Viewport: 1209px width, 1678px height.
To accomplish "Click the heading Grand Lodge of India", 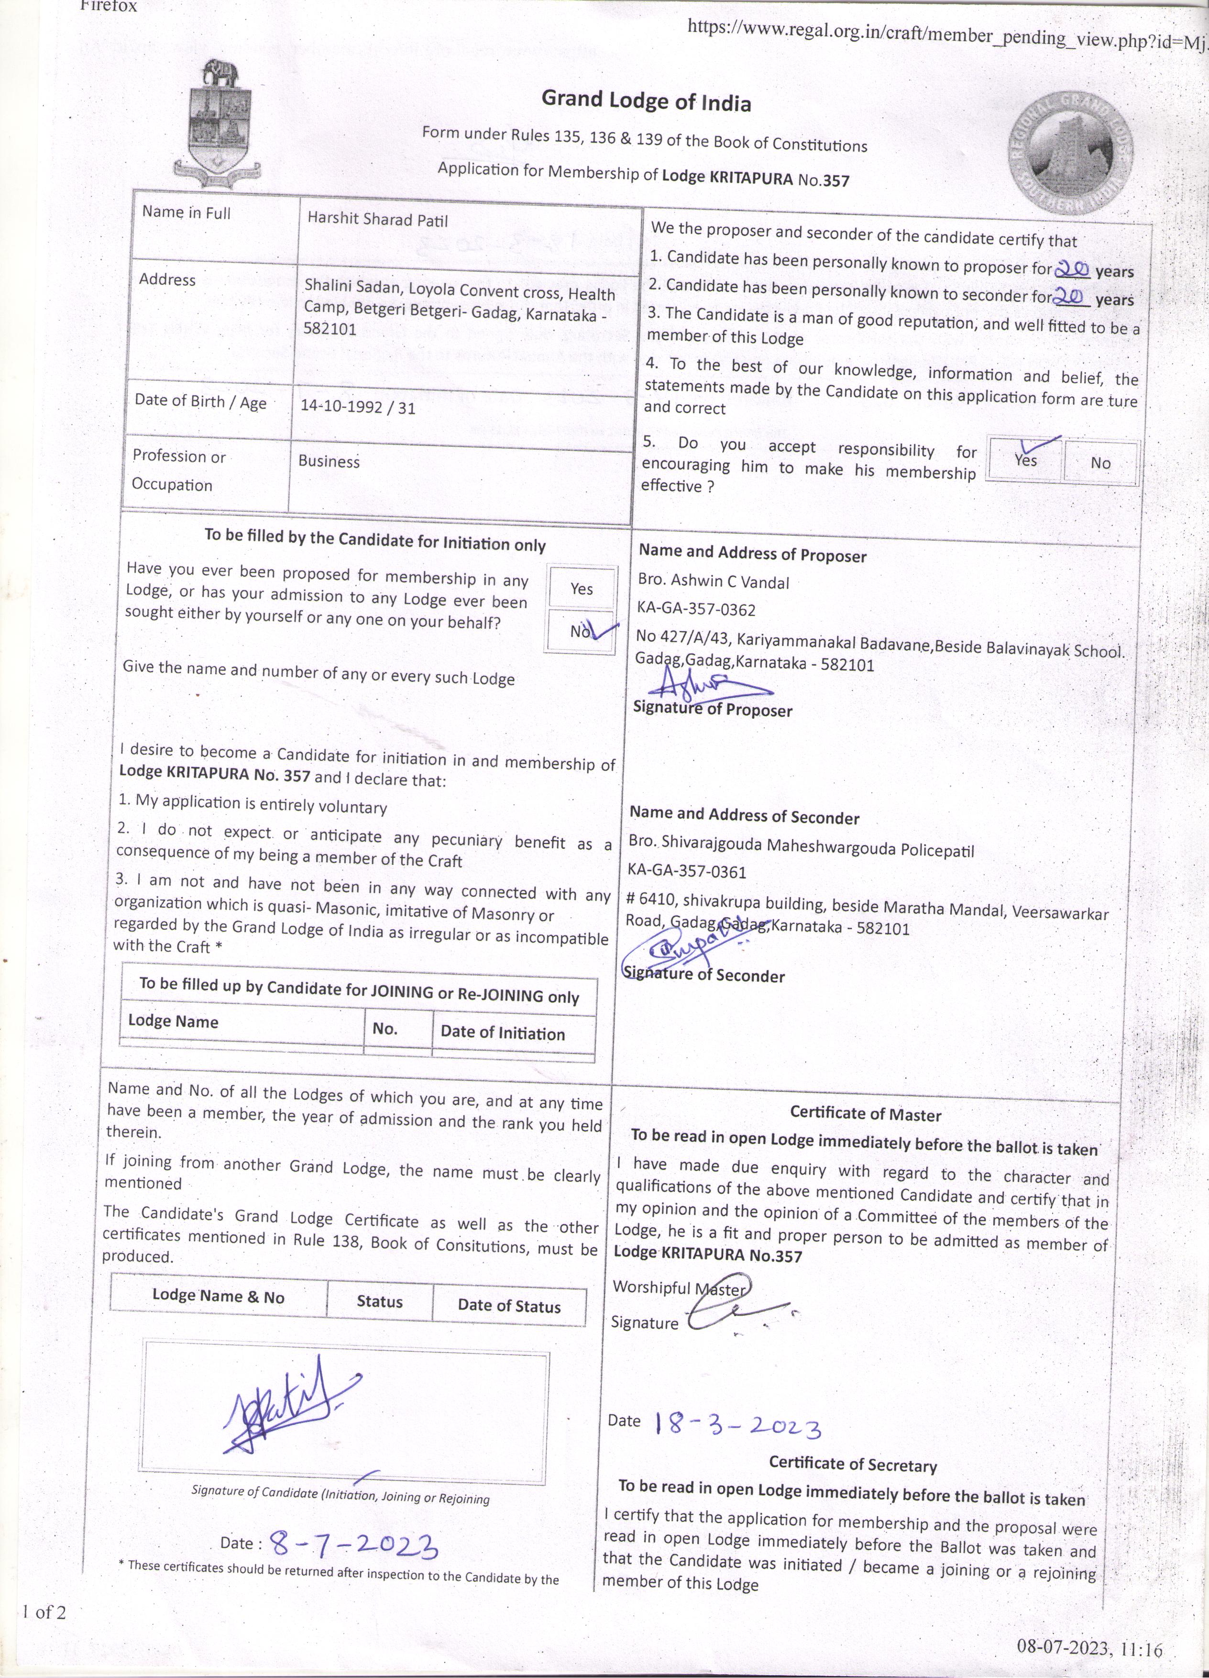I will coord(646,100).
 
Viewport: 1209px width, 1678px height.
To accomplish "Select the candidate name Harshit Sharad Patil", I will coord(377,220).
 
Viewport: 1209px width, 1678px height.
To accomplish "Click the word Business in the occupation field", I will coord(329,461).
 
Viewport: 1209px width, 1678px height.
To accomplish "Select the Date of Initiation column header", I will coord(503,1033).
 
